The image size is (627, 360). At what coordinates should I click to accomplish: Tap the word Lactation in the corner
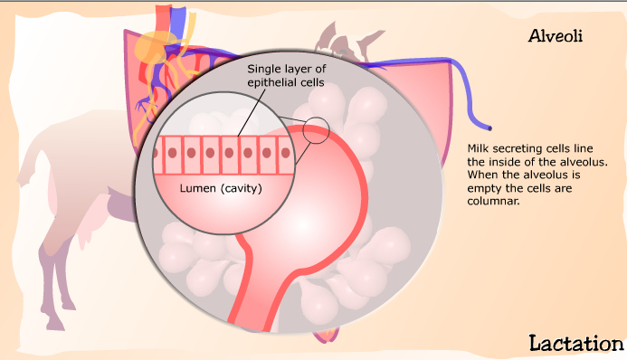575,343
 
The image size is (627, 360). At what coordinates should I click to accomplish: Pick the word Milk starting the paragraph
478,147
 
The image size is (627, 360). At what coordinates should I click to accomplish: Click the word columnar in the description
492,202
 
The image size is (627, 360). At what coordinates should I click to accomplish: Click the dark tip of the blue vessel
489,126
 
